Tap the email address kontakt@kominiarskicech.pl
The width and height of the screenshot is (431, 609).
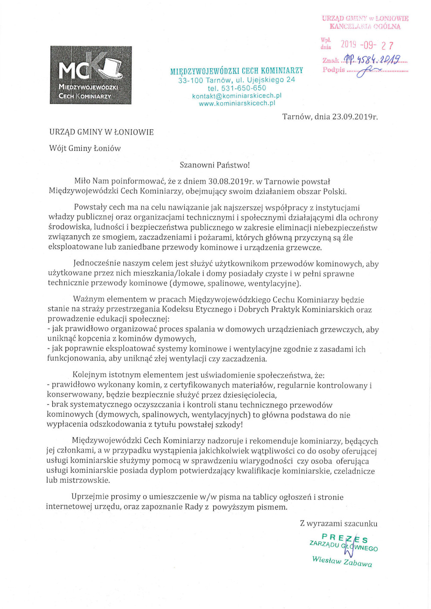237,96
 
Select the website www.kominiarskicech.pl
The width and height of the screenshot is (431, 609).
237,103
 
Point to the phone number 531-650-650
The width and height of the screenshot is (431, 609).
244,88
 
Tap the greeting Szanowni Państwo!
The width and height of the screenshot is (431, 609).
215,165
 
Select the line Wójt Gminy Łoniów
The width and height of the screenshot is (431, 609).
85,148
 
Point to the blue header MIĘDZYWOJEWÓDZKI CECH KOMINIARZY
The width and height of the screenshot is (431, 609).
237,71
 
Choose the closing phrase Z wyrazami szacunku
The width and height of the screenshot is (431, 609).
338,524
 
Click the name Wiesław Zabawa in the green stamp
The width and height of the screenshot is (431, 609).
342,561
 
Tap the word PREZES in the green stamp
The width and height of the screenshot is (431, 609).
345,538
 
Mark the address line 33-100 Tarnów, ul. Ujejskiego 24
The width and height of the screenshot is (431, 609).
237,80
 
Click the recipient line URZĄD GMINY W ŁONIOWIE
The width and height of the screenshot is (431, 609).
101,132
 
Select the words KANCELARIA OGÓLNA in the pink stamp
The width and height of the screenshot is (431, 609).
365,26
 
